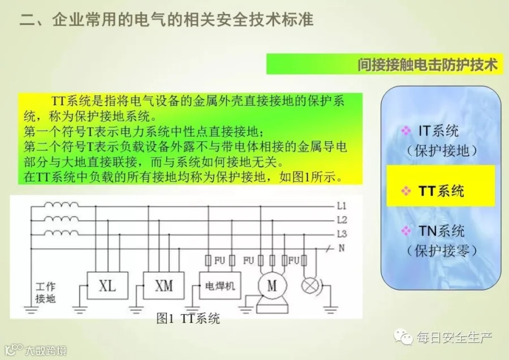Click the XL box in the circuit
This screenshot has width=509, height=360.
point(107,286)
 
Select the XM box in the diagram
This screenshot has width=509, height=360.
point(163,286)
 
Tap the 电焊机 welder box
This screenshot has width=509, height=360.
point(220,286)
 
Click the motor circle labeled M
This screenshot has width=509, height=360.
point(273,286)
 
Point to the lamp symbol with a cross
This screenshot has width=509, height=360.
point(309,286)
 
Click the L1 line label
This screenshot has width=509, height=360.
point(342,206)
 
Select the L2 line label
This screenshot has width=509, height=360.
point(342,220)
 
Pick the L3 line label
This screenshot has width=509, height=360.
point(342,234)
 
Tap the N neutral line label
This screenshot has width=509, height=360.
point(342,248)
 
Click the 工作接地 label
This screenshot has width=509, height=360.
point(46,293)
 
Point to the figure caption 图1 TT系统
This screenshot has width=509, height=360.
point(188,319)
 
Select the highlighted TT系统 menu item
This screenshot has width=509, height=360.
point(441,191)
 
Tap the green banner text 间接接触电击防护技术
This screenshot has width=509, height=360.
point(427,64)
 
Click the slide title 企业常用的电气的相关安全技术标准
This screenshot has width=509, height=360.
point(183,19)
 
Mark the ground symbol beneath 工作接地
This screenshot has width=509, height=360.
point(31,309)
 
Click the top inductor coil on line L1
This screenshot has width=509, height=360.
point(61,205)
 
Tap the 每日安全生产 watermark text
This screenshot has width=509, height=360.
point(455,337)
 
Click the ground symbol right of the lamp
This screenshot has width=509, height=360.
point(330,309)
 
